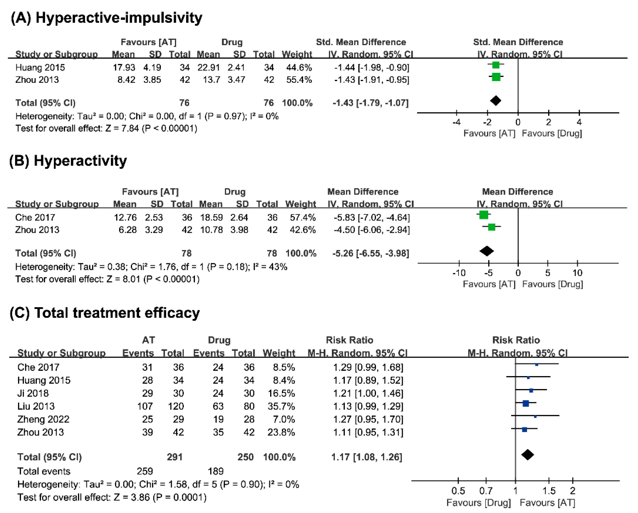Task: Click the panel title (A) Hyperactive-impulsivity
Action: coord(107,18)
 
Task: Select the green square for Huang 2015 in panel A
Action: coord(496,65)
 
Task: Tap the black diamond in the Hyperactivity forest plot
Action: coord(487,251)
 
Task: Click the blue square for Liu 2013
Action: coord(526,403)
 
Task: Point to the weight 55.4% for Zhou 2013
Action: coord(299,80)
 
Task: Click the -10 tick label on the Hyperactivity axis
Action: coord(459,273)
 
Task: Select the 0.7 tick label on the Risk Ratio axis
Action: coord(486,491)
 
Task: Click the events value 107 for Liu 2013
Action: coord(145,406)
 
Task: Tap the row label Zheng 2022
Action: coord(43,419)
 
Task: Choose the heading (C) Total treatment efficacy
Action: coord(105,313)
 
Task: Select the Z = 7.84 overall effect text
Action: coord(122,128)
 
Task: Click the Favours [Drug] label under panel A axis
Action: coord(552,134)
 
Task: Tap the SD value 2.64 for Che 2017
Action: coord(239,218)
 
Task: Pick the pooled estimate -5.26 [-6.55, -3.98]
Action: coord(371,253)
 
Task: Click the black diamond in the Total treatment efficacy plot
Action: coord(528,455)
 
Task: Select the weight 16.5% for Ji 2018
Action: coord(281,393)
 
